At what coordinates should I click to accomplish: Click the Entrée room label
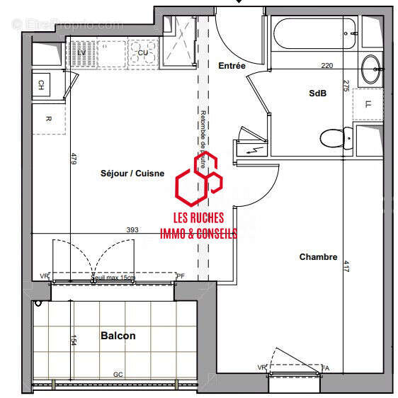(232, 66)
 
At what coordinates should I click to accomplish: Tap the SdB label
(317, 93)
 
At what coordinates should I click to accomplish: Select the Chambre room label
(318, 257)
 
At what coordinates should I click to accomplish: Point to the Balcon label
(118, 336)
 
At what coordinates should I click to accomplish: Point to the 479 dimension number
(73, 159)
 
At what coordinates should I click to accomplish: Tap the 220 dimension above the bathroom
(326, 66)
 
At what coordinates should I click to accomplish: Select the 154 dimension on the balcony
(72, 341)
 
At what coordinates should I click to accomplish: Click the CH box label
(41, 85)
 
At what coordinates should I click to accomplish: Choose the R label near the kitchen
(48, 118)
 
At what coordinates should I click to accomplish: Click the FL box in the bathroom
(368, 104)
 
